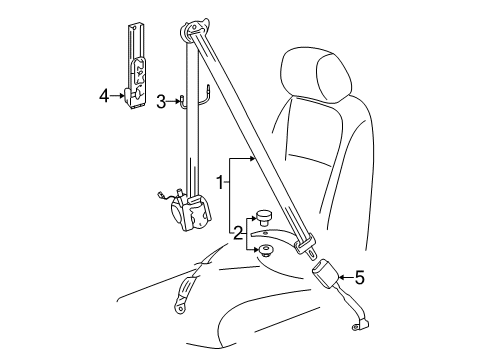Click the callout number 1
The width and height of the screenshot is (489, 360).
tap(220, 182)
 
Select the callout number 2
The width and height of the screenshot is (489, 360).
tap(237, 233)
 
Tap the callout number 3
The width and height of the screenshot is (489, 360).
tap(161, 102)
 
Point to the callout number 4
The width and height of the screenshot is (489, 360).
tap(104, 96)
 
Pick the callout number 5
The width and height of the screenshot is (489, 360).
tap(360, 277)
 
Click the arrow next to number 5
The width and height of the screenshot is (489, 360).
tap(346, 277)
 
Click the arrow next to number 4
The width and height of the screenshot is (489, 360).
tap(117, 96)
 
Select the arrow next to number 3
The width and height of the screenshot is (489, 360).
tap(173, 101)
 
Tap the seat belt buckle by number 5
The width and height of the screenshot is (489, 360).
tap(325, 274)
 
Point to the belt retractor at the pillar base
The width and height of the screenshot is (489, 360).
tap(192, 212)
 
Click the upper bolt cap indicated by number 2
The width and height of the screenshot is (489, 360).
tap(263, 217)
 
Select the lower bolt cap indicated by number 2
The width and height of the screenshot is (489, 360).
tap(265, 251)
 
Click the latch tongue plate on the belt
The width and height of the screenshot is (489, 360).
tap(306, 247)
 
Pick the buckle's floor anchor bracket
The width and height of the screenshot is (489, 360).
tap(360, 325)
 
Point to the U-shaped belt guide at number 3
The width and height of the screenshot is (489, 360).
tap(195, 98)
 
